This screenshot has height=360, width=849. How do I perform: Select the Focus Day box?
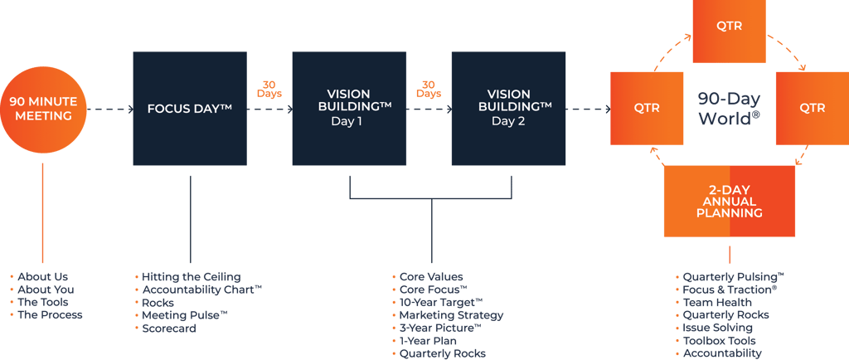[x=190, y=109]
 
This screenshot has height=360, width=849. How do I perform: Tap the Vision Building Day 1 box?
[x=349, y=109]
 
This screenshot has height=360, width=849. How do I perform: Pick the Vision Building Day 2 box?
[x=508, y=109]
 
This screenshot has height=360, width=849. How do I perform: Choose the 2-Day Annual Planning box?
[x=729, y=201]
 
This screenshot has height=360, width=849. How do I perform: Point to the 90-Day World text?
[x=729, y=109]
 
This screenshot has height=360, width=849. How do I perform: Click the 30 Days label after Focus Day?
[x=269, y=89]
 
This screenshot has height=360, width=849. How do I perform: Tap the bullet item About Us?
[x=43, y=276]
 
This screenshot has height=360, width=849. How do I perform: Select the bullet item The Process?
[x=50, y=315]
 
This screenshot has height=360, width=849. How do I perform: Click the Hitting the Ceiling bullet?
[x=191, y=276]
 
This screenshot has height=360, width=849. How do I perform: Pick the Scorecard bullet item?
[x=169, y=328]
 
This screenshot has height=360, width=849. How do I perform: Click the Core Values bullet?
[x=431, y=276]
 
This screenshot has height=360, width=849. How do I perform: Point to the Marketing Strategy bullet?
[x=451, y=315]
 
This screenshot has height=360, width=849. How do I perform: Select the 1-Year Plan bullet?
[x=428, y=341]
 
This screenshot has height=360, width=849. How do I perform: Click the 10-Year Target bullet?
[x=440, y=302]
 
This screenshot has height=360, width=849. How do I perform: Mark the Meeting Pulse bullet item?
[x=184, y=315]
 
